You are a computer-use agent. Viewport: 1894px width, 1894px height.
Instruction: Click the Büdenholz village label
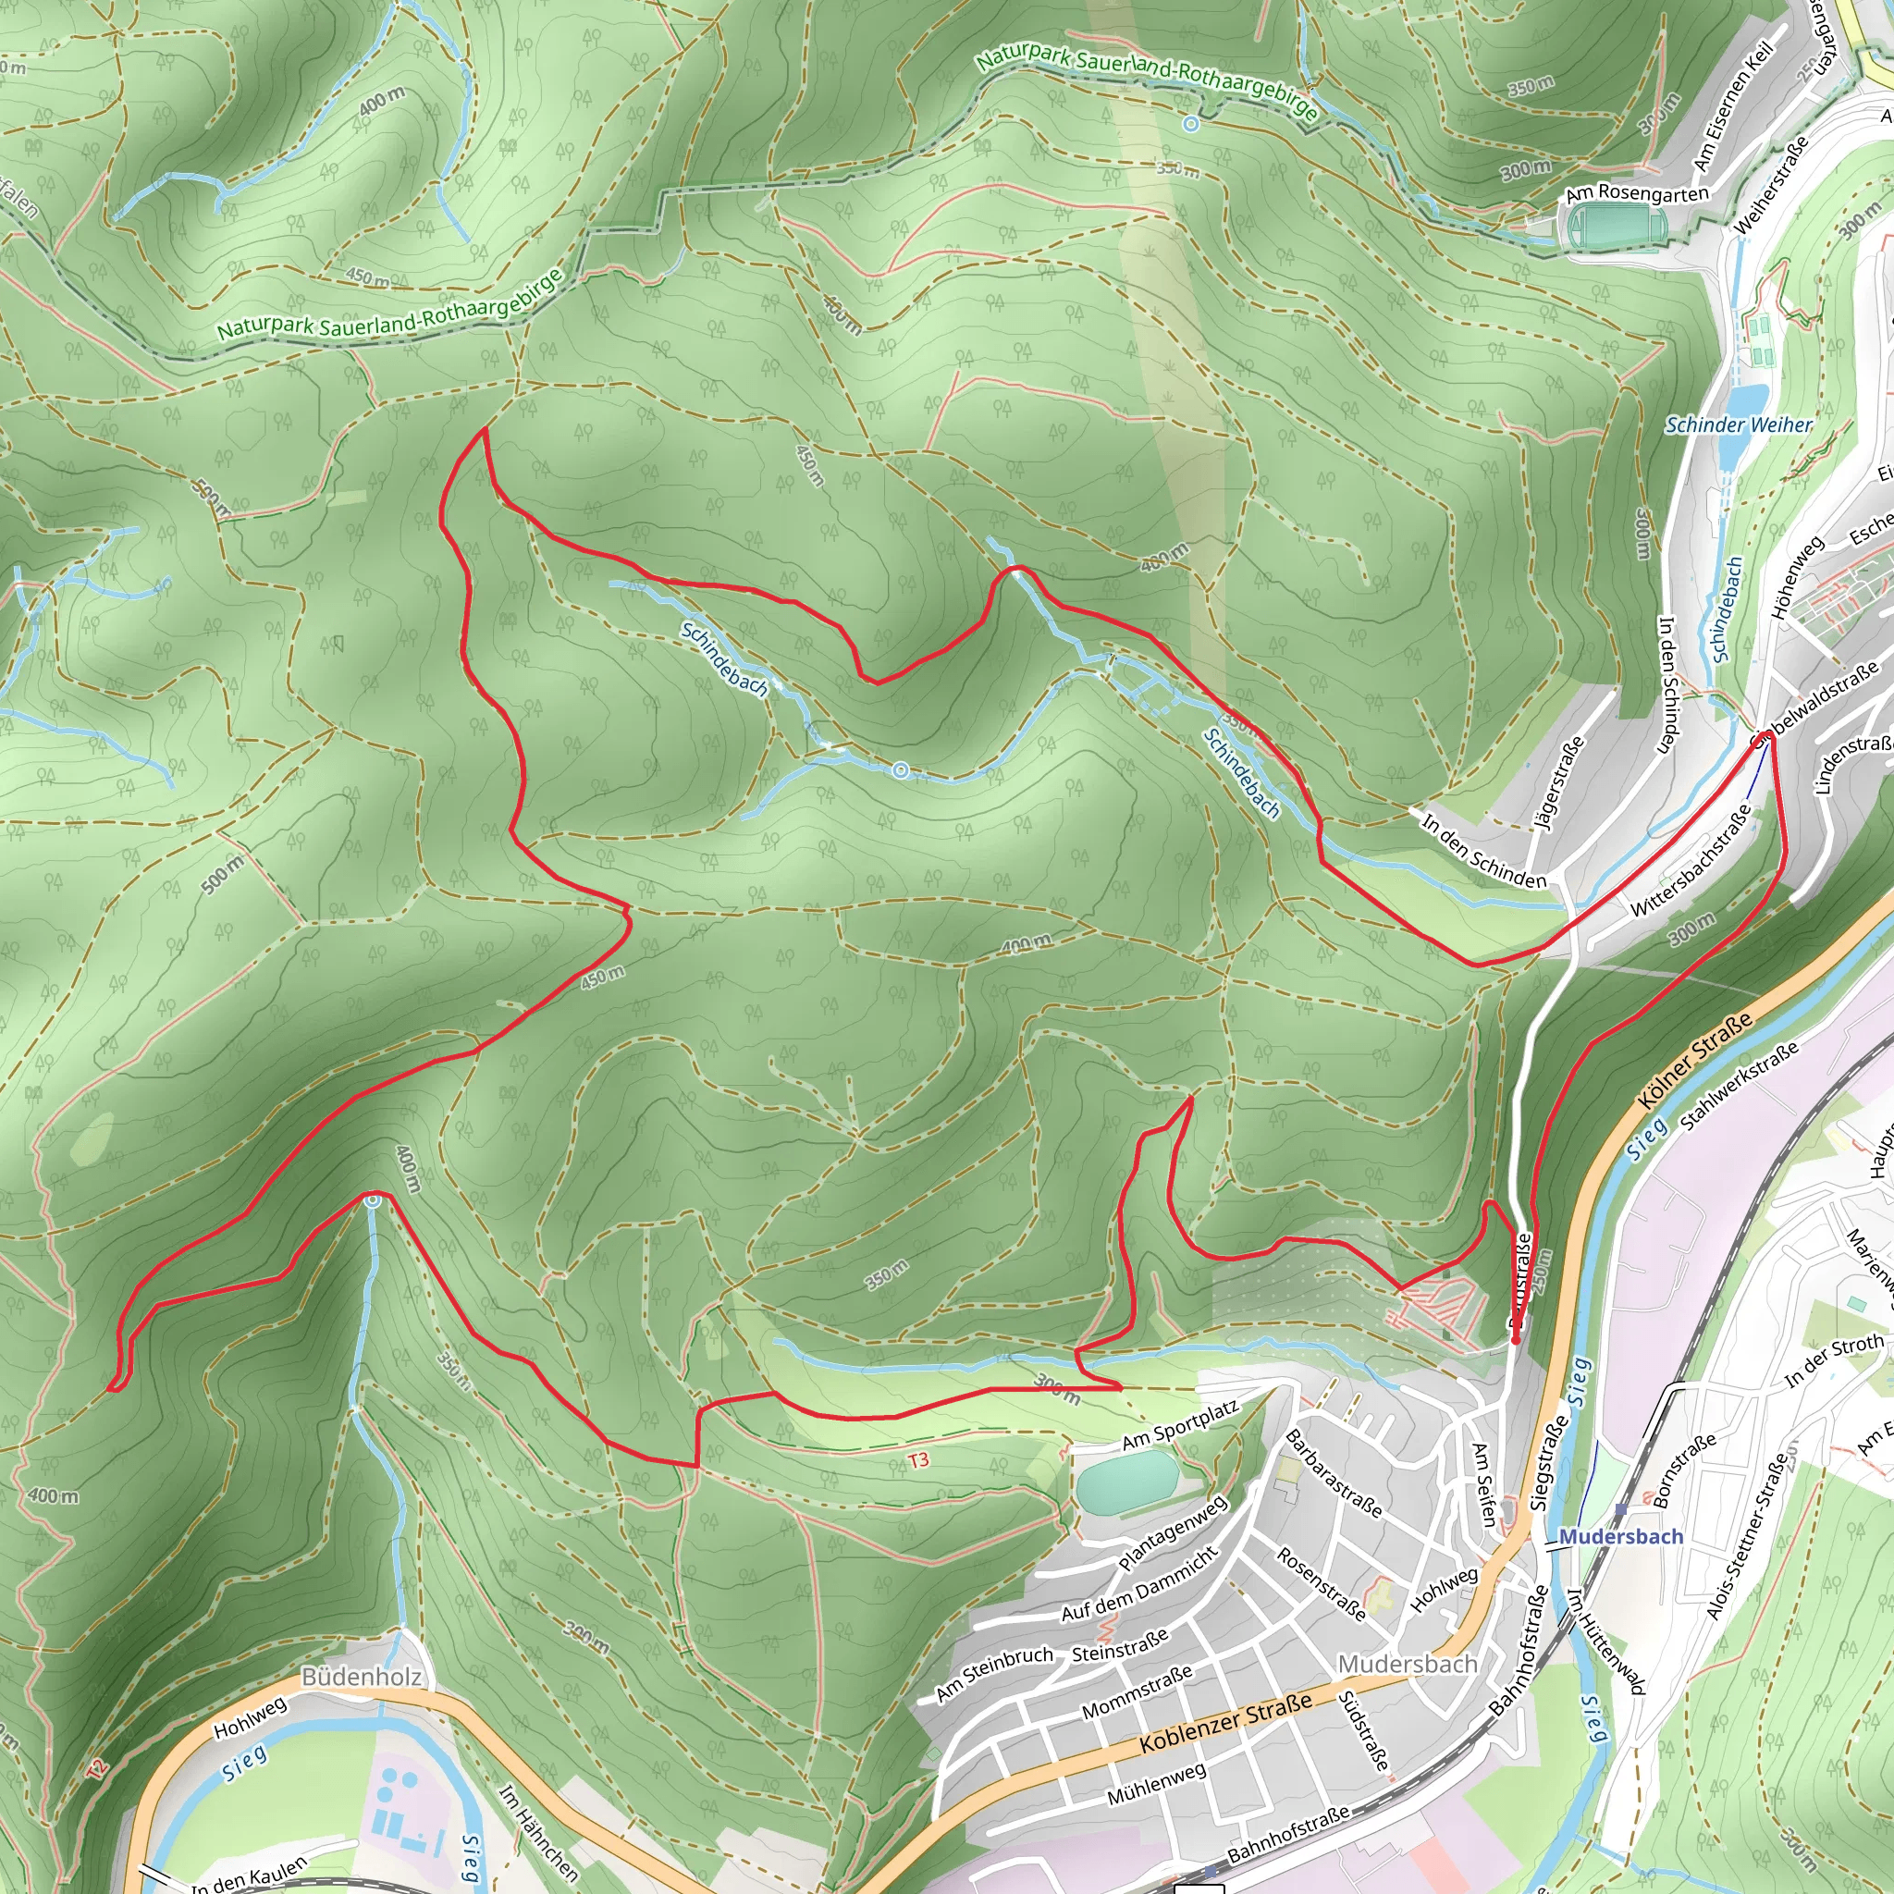pyautogui.click(x=362, y=1677)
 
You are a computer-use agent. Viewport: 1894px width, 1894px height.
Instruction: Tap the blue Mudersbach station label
pyautogui.click(x=1620, y=1536)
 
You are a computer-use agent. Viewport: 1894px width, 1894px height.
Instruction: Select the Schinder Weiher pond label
pyautogui.click(x=1738, y=424)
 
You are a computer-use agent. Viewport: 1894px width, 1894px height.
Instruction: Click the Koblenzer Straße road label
pyautogui.click(x=1225, y=1725)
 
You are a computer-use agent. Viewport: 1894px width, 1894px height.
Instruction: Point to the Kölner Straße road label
pyautogui.click(x=1695, y=1062)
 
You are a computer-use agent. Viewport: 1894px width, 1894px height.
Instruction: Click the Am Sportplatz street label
pyautogui.click(x=1180, y=1426)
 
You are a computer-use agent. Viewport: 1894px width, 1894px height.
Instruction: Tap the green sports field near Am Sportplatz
pyautogui.click(x=1125, y=1482)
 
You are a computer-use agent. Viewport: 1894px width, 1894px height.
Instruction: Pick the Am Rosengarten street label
pyautogui.click(x=1636, y=193)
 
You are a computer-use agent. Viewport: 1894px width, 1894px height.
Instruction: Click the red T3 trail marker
pyautogui.click(x=917, y=1460)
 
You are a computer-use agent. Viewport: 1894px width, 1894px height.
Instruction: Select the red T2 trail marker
pyautogui.click(x=95, y=1769)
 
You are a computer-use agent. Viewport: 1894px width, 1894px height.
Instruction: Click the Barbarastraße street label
pyautogui.click(x=1334, y=1473)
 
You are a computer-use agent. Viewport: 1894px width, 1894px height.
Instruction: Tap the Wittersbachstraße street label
pyautogui.click(x=1691, y=861)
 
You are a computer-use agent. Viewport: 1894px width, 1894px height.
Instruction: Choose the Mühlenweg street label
pyautogui.click(x=1157, y=1785)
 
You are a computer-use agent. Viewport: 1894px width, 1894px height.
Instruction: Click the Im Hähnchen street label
pyautogui.click(x=538, y=1830)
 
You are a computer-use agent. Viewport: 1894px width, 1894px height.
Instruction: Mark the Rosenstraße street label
pyautogui.click(x=1321, y=1583)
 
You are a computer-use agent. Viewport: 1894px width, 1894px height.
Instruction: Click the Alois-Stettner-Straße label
pyautogui.click(x=1748, y=1537)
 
